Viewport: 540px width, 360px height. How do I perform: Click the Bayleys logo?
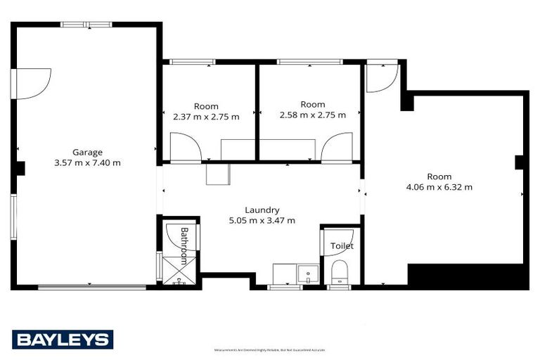pyautogui.click(x=62, y=340)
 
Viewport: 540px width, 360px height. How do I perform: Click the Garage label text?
pyautogui.click(x=87, y=152)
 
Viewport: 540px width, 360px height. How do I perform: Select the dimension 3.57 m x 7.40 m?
pyautogui.click(x=87, y=162)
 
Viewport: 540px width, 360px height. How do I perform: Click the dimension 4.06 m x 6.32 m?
pyautogui.click(x=439, y=187)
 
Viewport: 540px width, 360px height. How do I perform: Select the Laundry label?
pyautogui.click(x=262, y=210)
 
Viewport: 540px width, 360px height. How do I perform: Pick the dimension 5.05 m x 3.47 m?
pyautogui.click(x=262, y=220)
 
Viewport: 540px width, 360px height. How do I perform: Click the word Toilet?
pyautogui.click(x=342, y=246)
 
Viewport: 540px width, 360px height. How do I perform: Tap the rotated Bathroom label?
pyautogui.click(x=184, y=245)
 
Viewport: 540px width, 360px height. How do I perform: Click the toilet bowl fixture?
pyautogui.click(x=340, y=271)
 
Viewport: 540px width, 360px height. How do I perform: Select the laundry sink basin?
pyautogui.click(x=307, y=273)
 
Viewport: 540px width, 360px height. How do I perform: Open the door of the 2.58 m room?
pyautogui.click(x=335, y=148)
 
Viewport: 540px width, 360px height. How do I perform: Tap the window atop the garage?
pyautogui.click(x=86, y=25)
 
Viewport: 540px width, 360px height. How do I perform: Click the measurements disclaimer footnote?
pyautogui.click(x=269, y=350)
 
